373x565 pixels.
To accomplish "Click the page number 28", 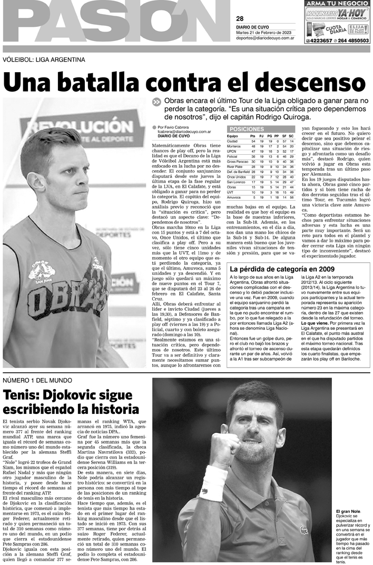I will [x=240, y=19].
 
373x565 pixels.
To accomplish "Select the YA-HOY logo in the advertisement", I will [x=352, y=12].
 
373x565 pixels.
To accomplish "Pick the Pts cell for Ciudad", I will [x=253, y=141].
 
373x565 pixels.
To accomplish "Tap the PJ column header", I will [x=262, y=136].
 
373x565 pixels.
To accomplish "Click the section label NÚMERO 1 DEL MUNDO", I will [x=37, y=380].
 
